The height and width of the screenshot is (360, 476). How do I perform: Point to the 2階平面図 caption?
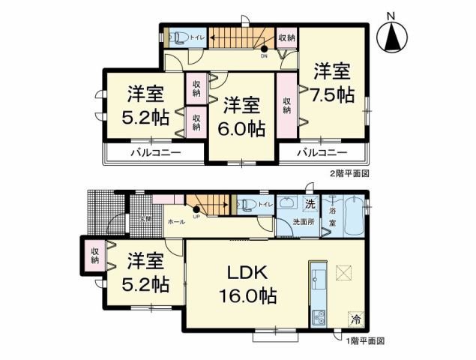(349, 172)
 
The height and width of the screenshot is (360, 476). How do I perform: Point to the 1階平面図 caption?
(364, 340)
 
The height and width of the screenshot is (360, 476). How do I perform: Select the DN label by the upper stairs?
(264, 55)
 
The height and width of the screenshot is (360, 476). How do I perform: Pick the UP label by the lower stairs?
(196, 217)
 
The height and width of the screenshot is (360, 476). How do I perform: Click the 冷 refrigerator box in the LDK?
(353, 318)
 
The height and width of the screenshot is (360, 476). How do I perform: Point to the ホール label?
(177, 223)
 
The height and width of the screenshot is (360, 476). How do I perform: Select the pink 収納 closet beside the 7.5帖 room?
(286, 106)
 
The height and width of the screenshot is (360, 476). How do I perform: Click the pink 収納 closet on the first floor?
(95, 255)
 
